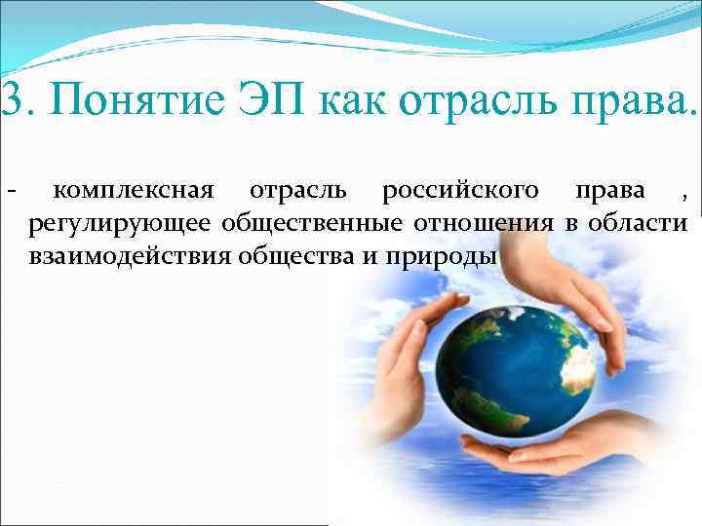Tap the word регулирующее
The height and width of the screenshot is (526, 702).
tap(120, 226)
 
